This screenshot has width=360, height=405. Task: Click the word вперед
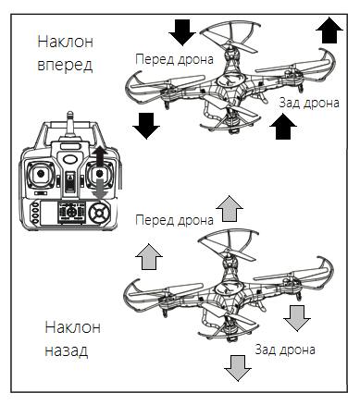(65, 65)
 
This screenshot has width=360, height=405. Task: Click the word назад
(67, 351)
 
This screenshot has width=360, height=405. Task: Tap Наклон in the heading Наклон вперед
(66, 42)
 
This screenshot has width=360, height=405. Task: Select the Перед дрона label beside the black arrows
(174, 59)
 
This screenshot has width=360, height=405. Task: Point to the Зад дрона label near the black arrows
(309, 103)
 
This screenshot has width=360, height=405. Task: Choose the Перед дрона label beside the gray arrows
(174, 220)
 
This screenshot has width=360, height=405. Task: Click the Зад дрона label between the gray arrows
(285, 350)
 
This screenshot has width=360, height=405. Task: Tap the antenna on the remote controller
(70, 127)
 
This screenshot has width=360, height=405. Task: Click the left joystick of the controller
(41, 174)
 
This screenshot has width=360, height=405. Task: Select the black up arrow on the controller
(99, 157)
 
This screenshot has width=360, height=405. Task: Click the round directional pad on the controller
(99, 213)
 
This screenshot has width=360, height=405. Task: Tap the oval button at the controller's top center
(70, 159)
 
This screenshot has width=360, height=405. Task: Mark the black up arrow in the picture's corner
(329, 31)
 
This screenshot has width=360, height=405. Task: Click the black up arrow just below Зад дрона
(283, 127)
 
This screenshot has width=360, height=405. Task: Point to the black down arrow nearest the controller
(146, 126)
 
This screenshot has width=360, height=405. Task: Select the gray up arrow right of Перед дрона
(230, 208)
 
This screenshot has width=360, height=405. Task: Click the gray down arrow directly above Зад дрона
(297, 318)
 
